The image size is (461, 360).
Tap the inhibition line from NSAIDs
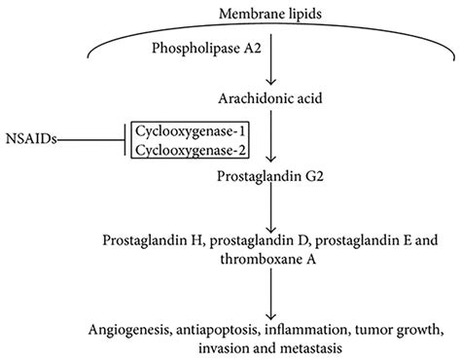click(x=91, y=140)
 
